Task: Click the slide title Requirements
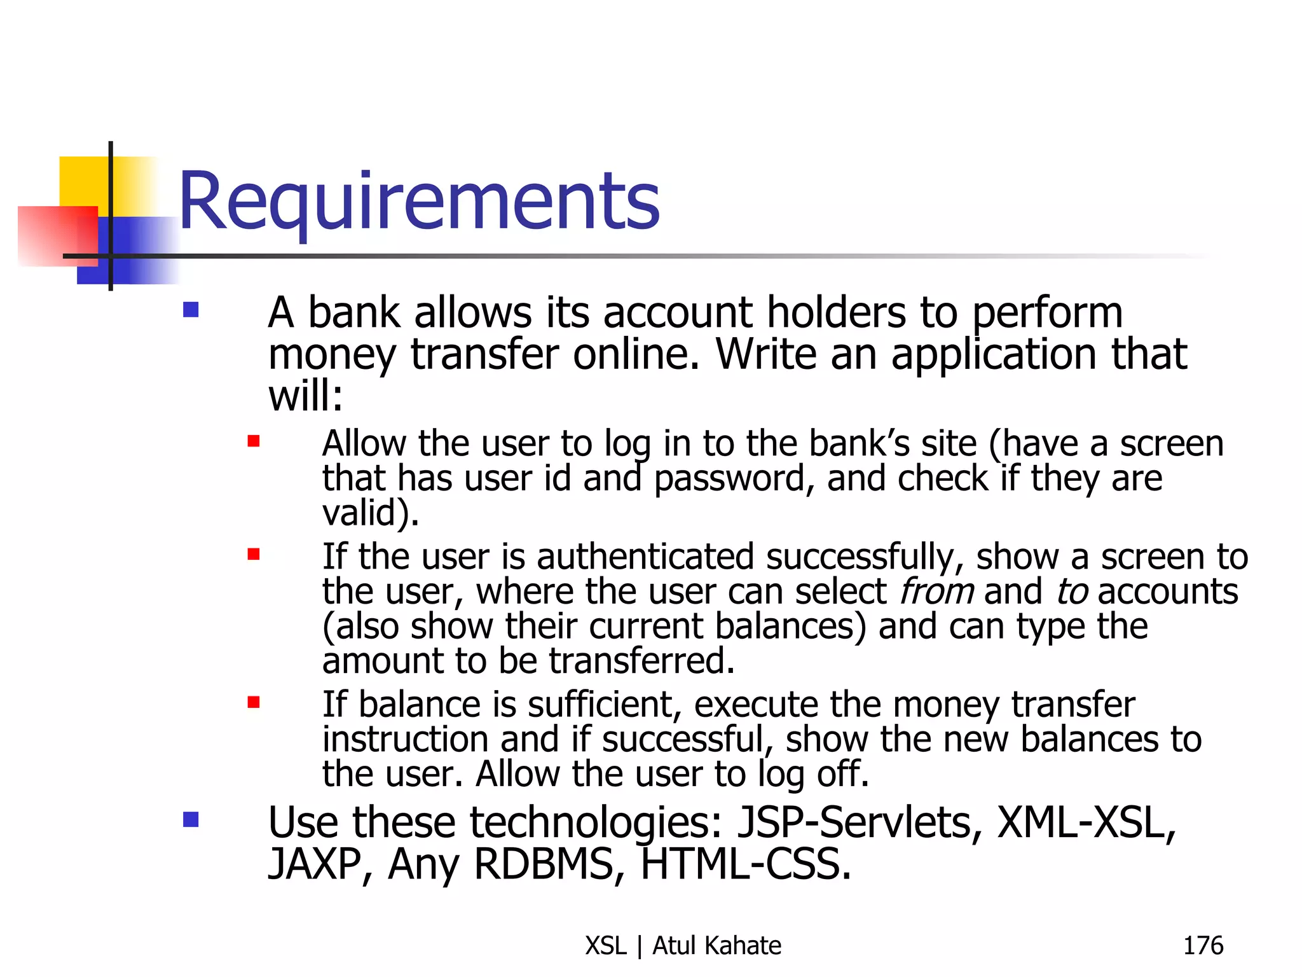419,202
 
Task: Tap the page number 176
1203,946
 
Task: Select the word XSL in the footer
606,946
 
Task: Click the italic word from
936,592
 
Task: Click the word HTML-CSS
746,864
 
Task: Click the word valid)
371,513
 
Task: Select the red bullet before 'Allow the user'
254,441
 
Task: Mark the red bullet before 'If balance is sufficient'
254,702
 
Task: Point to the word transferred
642,661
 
